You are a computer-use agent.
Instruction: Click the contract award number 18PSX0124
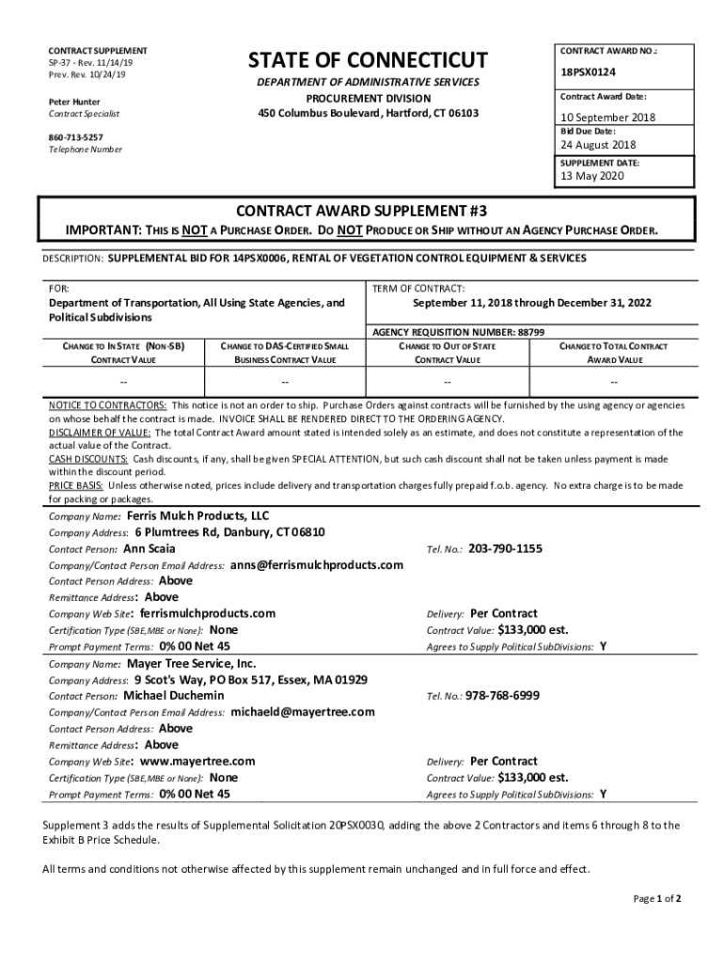click(x=588, y=72)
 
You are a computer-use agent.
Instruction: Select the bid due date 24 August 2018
click(x=598, y=145)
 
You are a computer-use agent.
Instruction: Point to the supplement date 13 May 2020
click(x=592, y=176)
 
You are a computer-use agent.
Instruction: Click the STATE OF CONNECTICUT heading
click(x=368, y=61)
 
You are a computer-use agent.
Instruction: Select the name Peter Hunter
click(x=74, y=101)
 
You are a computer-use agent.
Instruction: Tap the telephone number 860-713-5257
click(x=76, y=136)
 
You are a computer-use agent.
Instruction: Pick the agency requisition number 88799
click(x=531, y=332)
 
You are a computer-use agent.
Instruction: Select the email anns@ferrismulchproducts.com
click(x=316, y=565)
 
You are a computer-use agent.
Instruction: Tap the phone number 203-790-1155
click(x=505, y=548)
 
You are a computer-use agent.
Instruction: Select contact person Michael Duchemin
click(x=174, y=695)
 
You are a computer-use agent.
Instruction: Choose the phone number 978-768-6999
click(x=503, y=696)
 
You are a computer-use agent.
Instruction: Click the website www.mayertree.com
click(x=197, y=761)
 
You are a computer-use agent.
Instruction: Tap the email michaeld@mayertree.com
click(x=303, y=712)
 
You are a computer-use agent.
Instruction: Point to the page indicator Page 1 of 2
click(x=657, y=898)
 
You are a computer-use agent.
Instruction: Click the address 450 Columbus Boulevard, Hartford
click(x=368, y=113)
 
